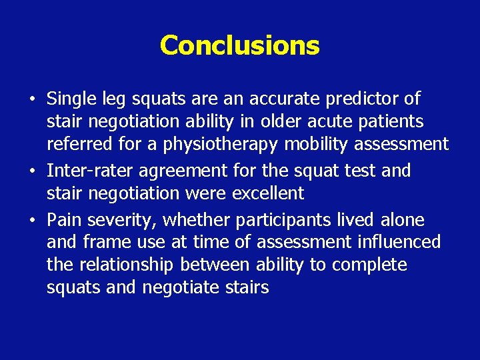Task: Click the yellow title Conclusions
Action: click(239, 45)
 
